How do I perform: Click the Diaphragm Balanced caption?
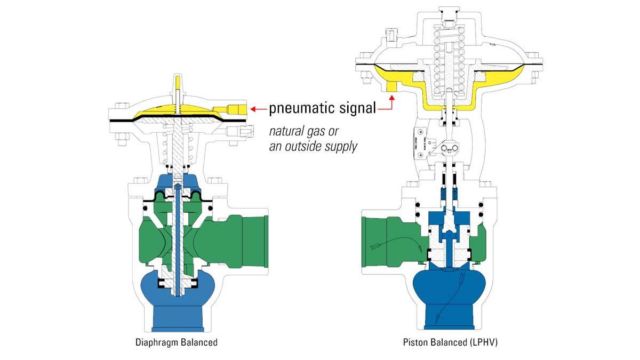click(x=177, y=342)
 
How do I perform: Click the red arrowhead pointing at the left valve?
click(x=256, y=109)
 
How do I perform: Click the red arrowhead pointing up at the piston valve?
click(x=392, y=98)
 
